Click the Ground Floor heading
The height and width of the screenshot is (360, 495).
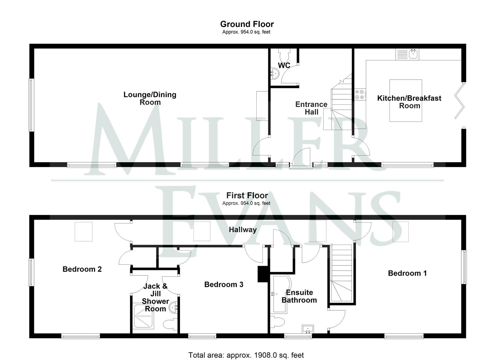[x=247, y=24]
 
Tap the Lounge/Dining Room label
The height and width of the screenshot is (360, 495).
[x=150, y=98]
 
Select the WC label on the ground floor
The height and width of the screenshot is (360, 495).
[x=284, y=66]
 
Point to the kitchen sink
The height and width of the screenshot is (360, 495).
[x=407, y=54]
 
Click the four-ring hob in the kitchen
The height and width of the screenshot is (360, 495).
[x=360, y=94]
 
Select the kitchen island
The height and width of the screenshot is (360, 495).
[x=406, y=100]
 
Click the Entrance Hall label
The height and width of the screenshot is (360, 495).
[x=311, y=108]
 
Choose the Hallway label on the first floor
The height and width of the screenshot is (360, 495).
[x=243, y=230]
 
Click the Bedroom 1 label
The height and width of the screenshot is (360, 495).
[x=407, y=273]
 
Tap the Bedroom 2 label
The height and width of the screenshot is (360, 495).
[x=82, y=269]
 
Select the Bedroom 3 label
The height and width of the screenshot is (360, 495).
[x=224, y=284]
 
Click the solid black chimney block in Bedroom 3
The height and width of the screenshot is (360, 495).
[x=263, y=274]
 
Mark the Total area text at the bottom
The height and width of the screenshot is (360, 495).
[x=246, y=355]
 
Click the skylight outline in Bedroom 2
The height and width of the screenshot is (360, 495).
[x=83, y=232]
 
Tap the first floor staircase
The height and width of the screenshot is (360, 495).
[x=341, y=273]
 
